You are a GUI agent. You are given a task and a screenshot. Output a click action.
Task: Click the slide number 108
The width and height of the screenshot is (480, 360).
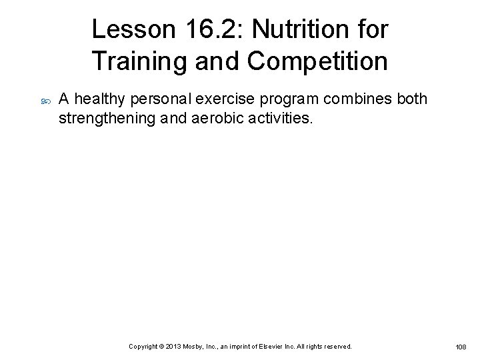461,347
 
